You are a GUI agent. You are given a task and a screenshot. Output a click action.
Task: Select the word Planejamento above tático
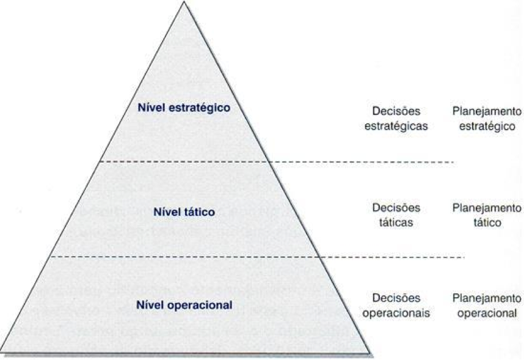pyautogui.click(x=486, y=208)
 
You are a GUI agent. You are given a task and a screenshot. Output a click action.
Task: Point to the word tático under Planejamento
pyautogui.click(x=486, y=222)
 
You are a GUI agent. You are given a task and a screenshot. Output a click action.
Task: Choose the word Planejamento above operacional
pyautogui.click(x=486, y=298)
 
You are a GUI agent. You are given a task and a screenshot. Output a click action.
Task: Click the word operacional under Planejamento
pyautogui.click(x=486, y=313)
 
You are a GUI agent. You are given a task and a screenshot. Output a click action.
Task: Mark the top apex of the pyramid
pyautogui.click(x=184, y=2)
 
